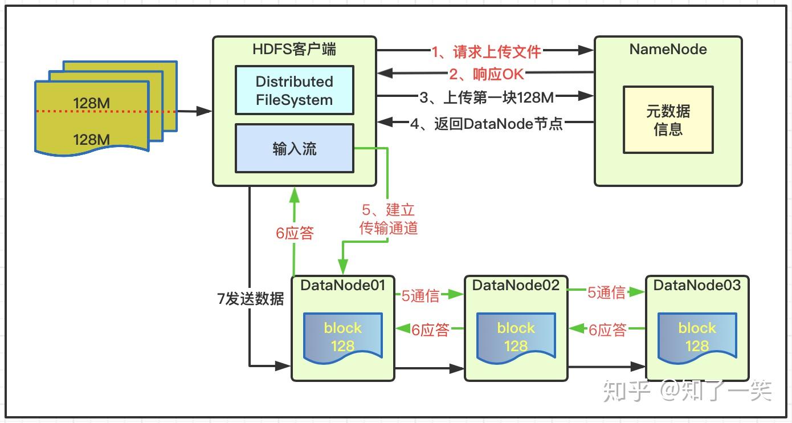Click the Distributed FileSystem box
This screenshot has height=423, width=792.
(294, 90)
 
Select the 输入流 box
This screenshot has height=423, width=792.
(294, 149)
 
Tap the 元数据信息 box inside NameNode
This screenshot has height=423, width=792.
(668, 120)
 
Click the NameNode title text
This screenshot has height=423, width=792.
(668, 50)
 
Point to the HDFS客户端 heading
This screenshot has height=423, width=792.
(294, 50)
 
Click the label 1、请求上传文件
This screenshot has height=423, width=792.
(485, 52)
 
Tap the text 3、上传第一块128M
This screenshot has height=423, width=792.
(487, 97)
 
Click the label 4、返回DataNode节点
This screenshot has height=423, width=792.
(486, 123)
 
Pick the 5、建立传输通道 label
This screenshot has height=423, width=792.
(389, 219)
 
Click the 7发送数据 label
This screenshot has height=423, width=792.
(250, 299)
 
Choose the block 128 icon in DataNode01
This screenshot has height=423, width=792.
(342, 337)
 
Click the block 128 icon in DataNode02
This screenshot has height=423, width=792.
(516, 337)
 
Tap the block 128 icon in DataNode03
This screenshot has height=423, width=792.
(697, 337)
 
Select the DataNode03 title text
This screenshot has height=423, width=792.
(697, 285)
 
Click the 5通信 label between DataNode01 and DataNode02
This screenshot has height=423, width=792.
(421, 295)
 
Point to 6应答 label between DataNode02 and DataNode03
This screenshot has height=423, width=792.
(607, 330)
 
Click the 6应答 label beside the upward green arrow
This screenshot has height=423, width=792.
(295, 233)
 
